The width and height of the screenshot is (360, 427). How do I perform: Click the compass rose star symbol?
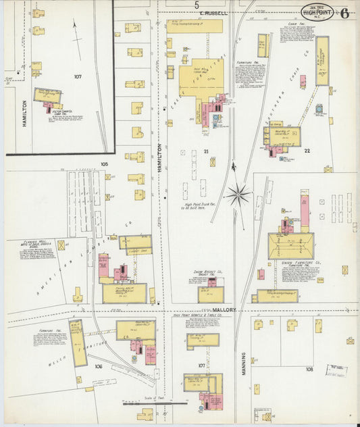238,195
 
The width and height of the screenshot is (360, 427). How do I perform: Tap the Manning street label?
243,358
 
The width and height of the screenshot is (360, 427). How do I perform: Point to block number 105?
104,164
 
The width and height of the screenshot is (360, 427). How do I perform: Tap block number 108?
309,370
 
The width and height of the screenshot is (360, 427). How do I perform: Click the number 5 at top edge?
197,5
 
